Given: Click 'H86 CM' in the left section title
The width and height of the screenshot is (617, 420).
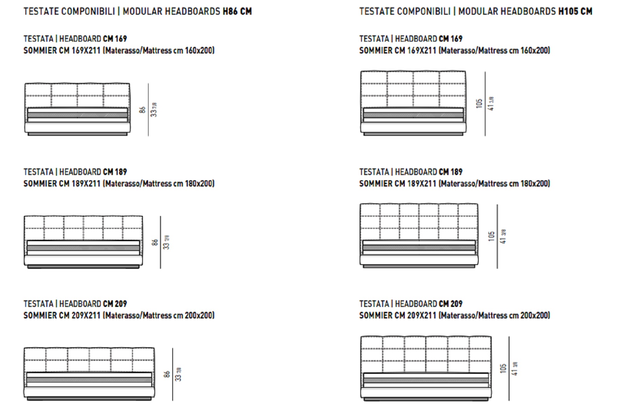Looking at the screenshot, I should [237, 12].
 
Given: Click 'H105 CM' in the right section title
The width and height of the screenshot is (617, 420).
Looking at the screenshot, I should [575, 12].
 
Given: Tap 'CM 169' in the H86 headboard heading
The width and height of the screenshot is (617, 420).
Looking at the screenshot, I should [115, 38].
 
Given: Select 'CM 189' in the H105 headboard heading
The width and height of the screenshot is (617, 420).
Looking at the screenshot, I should [450, 172].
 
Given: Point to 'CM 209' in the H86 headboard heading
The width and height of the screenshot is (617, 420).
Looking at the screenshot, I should [115, 304].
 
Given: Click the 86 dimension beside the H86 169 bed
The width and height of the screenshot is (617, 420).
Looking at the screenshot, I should [142, 110].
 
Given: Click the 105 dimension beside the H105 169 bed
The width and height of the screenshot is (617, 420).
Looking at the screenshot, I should [479, 103].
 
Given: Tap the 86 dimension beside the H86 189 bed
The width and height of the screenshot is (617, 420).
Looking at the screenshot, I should [155, 242].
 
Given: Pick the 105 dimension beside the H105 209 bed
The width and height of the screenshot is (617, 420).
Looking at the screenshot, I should [503, 368].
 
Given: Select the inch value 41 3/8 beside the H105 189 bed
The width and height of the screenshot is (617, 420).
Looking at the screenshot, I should [503, 236].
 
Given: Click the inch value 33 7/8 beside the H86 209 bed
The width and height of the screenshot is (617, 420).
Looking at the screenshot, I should [178, 374].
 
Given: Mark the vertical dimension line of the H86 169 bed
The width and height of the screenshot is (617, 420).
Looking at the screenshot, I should [148, 110].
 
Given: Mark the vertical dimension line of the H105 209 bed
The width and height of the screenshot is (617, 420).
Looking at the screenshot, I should [509, 368].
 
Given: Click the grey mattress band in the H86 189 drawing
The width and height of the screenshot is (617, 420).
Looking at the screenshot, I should [83, 248].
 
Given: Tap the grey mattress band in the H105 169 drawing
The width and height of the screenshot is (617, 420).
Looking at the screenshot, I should [413, 115].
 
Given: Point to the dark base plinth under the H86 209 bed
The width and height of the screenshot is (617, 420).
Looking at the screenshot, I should [89, 398].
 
